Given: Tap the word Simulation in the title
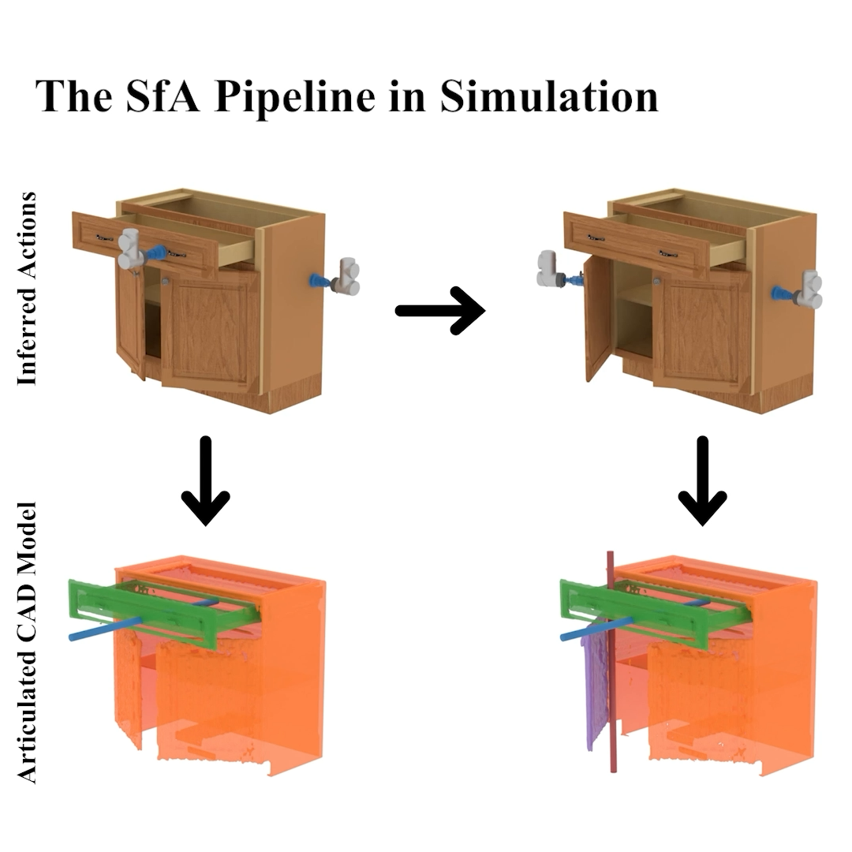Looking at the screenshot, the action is point(549,96).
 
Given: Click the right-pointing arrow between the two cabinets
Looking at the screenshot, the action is point(440,311).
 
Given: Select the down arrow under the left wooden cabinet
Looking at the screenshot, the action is point(205,481).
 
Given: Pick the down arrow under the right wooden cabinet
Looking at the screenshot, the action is point(703,481).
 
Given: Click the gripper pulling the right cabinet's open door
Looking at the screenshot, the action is point(558,270).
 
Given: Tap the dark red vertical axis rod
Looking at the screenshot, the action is point(611,662).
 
